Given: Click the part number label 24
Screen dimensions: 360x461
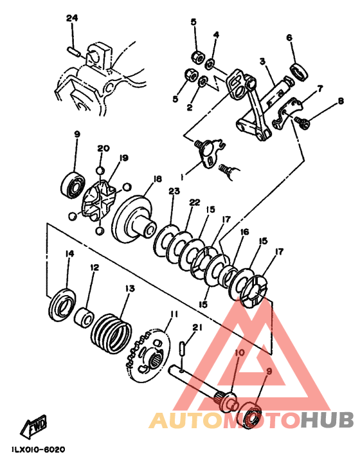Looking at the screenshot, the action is [x=72, y=18].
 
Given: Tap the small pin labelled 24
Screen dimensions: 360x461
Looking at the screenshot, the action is [x=73, y=51].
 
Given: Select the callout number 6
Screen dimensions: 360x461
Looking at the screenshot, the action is [x=289, y=37].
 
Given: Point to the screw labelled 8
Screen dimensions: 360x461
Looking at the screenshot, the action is [x=301, y=122].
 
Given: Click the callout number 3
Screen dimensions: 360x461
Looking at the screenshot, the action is [x=262, y=61].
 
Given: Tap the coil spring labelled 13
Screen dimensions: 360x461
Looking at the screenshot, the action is [x=111, y=333].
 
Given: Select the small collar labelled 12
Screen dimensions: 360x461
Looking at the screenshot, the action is [x=84, y=317].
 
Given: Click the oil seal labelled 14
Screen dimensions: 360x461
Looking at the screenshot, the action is [x=62, y=305].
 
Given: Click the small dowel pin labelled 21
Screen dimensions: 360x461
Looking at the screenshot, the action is [x=182, y=348].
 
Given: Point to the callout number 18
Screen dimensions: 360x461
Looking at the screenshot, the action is [x=157, y=179].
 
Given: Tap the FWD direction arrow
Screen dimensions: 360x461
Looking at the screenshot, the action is [x=33, y=425].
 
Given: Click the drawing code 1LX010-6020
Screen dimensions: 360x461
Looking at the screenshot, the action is [x=39, y=449].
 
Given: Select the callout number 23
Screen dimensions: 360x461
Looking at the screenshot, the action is [x=174, y=191].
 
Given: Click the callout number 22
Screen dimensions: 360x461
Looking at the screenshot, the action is [x=195, y=203].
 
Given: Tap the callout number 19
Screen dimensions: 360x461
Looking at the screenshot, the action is [x=123, y=158].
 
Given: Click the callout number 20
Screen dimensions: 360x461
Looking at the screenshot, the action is [x=104, y=148].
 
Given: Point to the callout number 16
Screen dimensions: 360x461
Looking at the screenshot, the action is [x=244, y=232].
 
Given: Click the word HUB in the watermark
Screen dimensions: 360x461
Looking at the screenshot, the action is [x=327, y=420].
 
